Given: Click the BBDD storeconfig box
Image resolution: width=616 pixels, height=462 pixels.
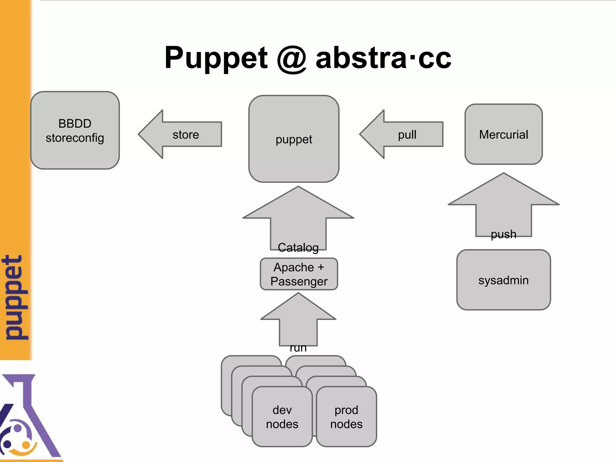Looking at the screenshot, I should [x=75, y=130].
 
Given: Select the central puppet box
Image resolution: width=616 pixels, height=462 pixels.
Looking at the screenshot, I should [x=294, y=139].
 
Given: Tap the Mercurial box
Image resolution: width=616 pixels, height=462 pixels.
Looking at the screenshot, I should [x=504, y=134].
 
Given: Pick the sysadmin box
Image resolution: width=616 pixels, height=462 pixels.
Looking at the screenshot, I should [x=504, y=280].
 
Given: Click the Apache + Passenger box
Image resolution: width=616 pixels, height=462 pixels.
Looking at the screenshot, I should [x=299, y=274].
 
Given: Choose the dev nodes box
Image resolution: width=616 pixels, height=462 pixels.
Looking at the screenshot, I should [x=282, y=417].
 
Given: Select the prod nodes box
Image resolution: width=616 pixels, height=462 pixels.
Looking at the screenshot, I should [x=346, y=417].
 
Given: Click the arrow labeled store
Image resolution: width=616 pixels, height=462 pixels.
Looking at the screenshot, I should [x=180, y=134].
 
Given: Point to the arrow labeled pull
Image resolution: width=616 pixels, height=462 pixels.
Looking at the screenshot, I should [x=402, y=134].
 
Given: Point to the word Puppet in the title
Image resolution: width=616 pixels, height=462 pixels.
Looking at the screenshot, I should [x=216, y=58].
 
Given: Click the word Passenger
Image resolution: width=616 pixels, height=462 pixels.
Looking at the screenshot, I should [x=299, y=282].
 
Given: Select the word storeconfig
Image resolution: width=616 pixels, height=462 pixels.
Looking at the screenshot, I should [x=75, y=138].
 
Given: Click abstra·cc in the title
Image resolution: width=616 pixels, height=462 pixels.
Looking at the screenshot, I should [x=383, y=58].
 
